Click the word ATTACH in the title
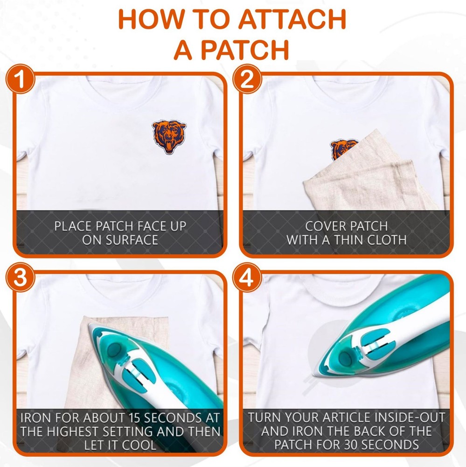pyautogui.click(x=292, y=19)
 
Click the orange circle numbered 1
pyautogui.click(x=20, y=79)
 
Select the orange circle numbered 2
pyautogui.click(x=247, y=79)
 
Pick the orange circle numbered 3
pyautogui.click(x=20, y=277)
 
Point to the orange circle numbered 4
pyautogui.click(x=247, y=277)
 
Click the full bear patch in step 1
pyautogui.click(x=169, y=136)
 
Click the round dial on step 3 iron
pyautogui.click(x=114, y=349)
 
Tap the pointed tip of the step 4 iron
pyautogui.click(x=313, y=375)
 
